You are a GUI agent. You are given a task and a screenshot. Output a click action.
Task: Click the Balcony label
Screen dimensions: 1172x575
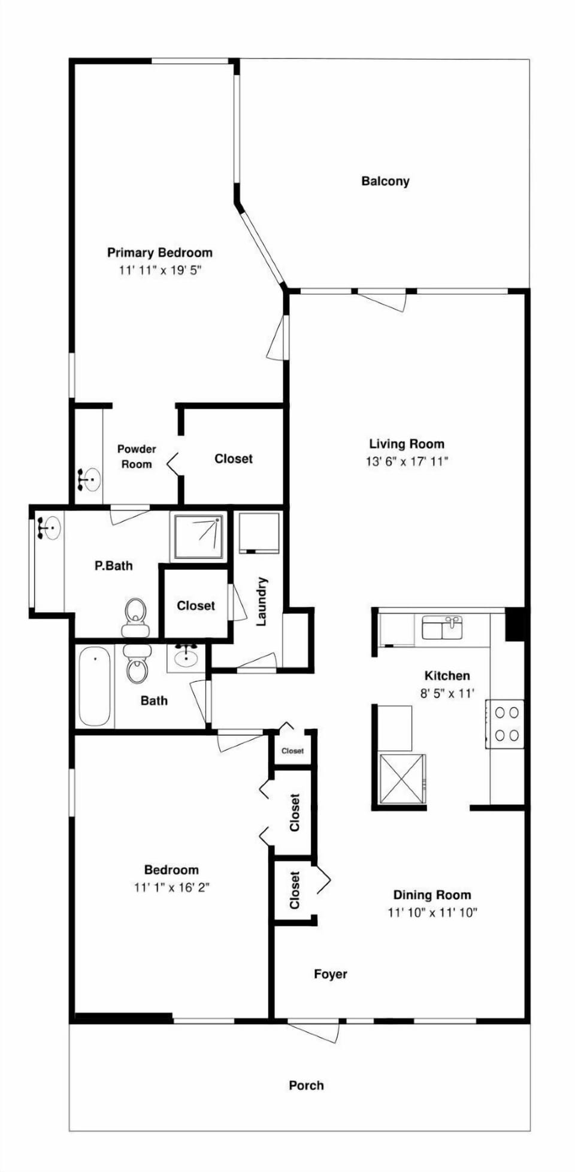385,181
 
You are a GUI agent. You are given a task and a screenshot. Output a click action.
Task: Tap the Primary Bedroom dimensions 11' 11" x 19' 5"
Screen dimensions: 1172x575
159,270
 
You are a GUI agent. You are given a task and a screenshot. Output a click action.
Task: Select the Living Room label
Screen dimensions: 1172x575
407,444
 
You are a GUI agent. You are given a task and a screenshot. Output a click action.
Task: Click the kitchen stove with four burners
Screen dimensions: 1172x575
505,724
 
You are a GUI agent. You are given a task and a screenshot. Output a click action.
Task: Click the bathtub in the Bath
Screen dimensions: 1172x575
95,687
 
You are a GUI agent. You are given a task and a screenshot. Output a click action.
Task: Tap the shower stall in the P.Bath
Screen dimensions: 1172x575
198,536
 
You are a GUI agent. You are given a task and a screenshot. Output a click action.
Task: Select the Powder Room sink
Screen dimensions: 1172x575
90,479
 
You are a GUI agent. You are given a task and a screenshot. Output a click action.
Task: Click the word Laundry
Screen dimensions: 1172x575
262,602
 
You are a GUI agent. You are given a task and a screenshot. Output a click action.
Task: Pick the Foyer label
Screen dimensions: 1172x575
331,974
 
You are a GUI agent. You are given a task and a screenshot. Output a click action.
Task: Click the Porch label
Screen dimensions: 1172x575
306,1085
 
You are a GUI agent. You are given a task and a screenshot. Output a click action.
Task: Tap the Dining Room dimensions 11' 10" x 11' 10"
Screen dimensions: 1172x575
432,913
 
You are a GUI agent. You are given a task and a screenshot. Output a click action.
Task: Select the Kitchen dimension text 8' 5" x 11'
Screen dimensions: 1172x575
447,694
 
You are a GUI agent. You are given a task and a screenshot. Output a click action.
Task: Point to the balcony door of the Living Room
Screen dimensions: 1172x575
382,300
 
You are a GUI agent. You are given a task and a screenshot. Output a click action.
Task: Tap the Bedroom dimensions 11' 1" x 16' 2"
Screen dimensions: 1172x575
171,887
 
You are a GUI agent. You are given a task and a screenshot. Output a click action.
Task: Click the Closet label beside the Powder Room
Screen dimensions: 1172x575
234,459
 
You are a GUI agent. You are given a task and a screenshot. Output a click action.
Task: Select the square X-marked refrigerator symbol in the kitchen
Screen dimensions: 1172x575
402,779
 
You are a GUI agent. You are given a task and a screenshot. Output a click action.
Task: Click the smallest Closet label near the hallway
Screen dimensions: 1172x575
293,751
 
